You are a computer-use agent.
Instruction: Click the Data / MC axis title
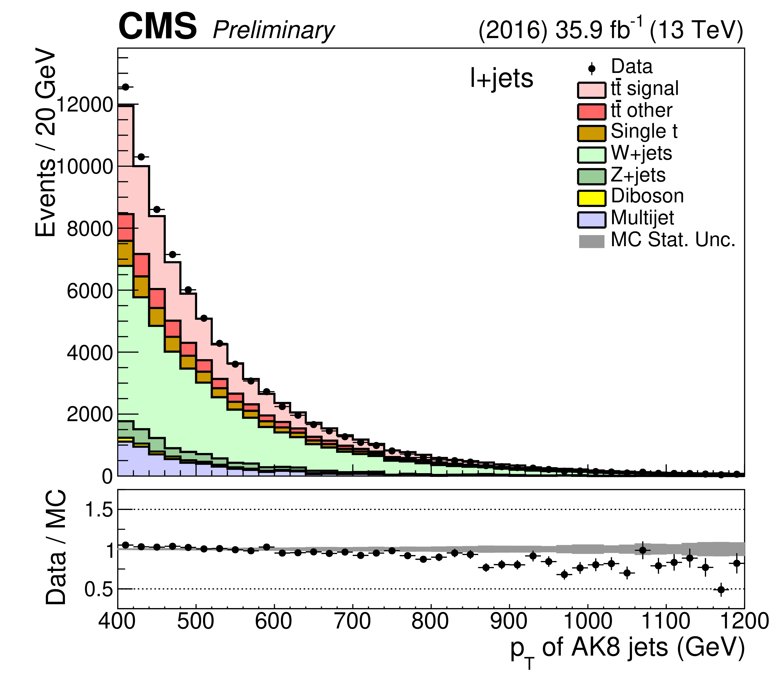[x=56, y=547]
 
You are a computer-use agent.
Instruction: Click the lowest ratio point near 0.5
[x=721, y=589]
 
